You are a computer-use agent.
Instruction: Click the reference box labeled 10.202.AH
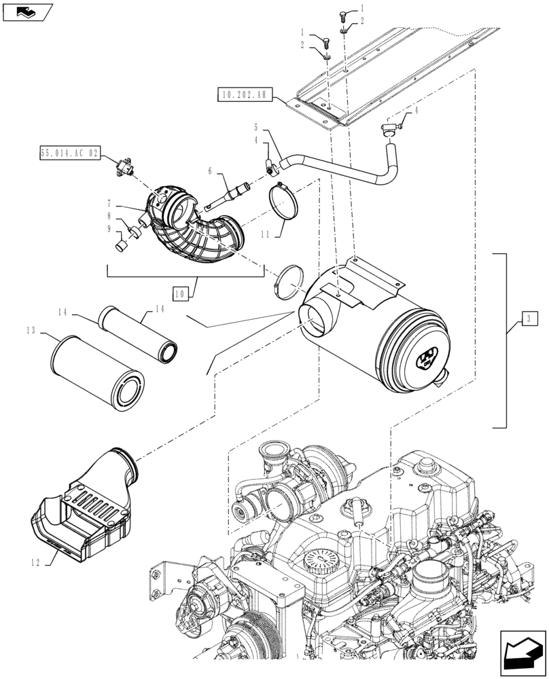[245, 95]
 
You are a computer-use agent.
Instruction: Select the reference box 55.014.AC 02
[69, 155]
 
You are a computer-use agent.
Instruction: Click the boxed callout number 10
[181, 294]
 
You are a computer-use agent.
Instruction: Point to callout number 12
[35, 562]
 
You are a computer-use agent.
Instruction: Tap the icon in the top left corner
[26, 11]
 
